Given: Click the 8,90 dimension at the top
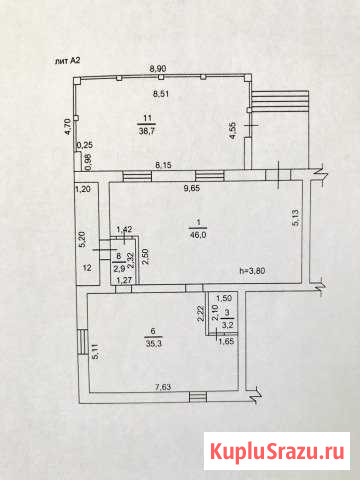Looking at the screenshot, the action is (158, 69).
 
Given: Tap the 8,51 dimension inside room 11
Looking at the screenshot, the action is (161, 94).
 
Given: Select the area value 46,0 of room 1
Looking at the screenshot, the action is (198, 235).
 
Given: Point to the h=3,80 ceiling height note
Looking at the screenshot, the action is (252, 270).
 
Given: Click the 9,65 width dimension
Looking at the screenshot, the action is (192, 188).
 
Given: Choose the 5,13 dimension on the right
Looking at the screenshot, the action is (296, 218).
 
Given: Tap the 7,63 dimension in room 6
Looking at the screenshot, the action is (163, 387).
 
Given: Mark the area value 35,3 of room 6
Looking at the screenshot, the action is (153, 343).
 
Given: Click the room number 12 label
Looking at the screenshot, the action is (87, 268).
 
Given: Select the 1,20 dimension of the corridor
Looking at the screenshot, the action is (82, 190).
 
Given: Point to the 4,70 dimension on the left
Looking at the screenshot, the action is (68, 127).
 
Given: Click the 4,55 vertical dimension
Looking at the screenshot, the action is (233, 131).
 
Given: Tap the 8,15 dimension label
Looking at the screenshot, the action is (163, 165).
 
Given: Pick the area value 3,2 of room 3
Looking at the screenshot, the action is (228, 325).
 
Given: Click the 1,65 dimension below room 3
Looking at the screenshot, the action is (225, 341).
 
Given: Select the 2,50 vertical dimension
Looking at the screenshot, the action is (145, 257).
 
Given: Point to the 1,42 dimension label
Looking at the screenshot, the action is (124, 229).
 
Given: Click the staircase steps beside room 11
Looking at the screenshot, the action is (280, 101).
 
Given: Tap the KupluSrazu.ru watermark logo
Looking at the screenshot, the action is (277, 451).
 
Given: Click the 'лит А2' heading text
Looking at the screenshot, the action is (67, 61).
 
